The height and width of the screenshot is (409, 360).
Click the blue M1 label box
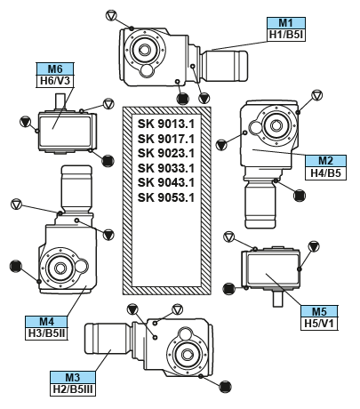click(286, 23)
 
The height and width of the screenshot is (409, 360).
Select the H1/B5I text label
click(286, 35)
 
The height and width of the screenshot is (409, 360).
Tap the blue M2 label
click(325, 161)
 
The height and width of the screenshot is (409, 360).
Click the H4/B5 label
click(325, 173)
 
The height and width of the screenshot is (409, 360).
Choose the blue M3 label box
click(73, 377)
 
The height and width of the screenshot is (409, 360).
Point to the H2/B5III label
click(73, 389)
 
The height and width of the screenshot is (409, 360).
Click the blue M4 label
click(46, 322)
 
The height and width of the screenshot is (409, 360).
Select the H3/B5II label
click(46, 333)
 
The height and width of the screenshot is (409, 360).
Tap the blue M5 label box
click(319, 311)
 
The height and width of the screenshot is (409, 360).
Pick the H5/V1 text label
click(319, 324)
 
